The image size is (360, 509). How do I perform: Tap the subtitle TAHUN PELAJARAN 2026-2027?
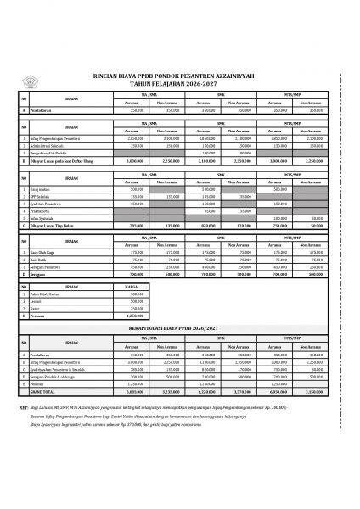click(180, 83)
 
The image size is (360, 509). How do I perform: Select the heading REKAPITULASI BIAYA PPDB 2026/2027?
click(180, 326)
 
